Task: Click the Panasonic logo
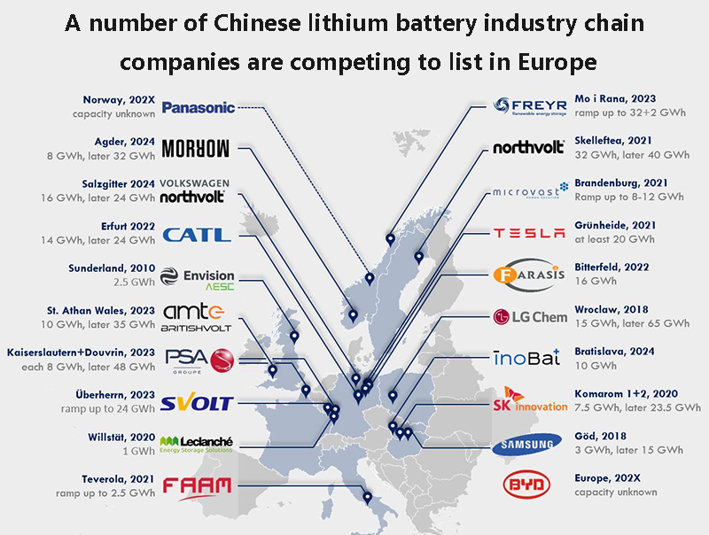click(x=199, y=107)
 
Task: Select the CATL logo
click(x=197, y=235)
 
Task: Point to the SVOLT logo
click(x=197, y=403)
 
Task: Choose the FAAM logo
click(x=197, y=485)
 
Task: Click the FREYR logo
click(x=528, y=107)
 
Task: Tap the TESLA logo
click(x=528, y=233)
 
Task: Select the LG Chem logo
click(x=528, y=317)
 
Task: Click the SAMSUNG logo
click(x=528, y=444)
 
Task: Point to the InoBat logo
click(x=526, y=359)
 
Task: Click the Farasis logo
click(x=528, y=274)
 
